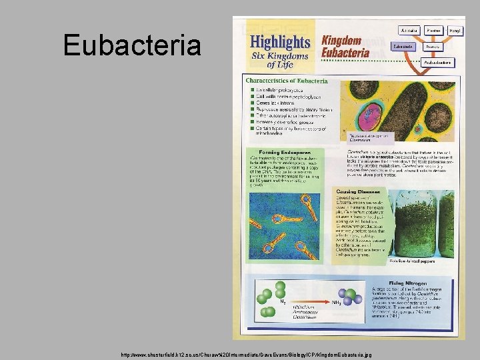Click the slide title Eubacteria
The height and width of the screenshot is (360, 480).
[132, 45]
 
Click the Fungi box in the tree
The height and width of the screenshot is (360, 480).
[456, 31]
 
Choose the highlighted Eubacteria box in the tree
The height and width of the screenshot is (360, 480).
[402, 47]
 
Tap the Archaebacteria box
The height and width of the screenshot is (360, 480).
[437, 62]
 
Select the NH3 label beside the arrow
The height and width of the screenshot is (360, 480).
[337, 302]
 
